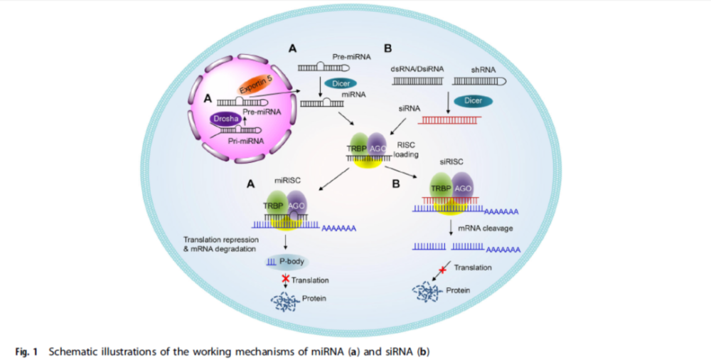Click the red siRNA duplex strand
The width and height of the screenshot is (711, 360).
[451, 120]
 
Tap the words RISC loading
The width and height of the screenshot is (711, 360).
[407, 148]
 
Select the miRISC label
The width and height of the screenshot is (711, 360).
[288, 180]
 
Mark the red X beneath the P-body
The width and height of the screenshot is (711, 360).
[286, 279]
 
